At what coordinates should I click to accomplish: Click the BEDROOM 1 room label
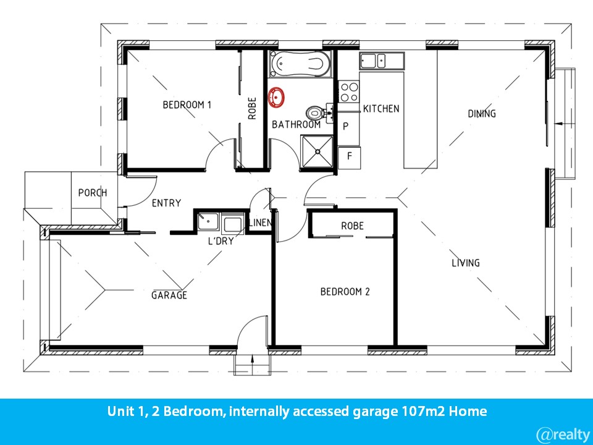(187, 104)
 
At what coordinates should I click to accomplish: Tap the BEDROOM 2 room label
(345, 291)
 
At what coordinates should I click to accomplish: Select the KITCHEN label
(381, 109)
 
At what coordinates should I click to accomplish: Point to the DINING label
(481, 114)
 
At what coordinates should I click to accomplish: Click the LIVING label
(466, 263)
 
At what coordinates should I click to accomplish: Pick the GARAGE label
(169, 295)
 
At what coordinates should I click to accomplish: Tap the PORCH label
(93, 193)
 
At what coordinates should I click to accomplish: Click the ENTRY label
(166, 203)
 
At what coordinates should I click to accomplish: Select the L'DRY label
(221, 240)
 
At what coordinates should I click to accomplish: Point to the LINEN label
(260, 222)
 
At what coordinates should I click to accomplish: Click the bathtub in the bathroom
(301, 64)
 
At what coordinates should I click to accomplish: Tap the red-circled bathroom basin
(276, 97)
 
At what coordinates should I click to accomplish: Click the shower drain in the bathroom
(318, 152)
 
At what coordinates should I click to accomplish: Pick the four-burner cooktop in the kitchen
(348, 92)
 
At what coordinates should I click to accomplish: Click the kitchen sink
(382, 61)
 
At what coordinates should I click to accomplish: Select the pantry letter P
(345, 126)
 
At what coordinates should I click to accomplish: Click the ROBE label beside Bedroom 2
(352, 226)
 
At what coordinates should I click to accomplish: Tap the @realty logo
(563, 434)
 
